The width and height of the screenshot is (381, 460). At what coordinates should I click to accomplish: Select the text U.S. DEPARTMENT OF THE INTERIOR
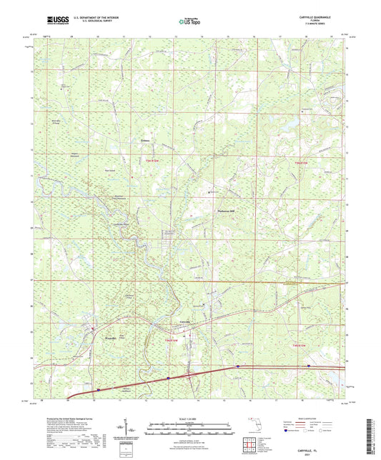tap(94, 20)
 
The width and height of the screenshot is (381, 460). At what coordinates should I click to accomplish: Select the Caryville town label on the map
tap(187, 321)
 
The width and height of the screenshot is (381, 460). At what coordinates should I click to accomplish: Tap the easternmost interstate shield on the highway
tap(308, 366)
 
